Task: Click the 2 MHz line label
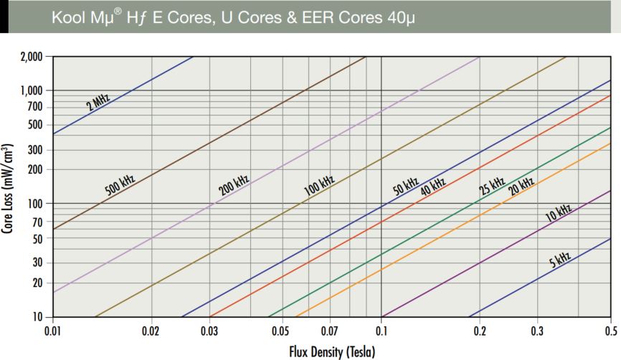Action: click(x=98, y=103)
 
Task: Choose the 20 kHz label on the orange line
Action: click(x=521, y=186)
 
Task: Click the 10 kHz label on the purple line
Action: click(x=558, y=212)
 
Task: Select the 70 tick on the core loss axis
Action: click(x=37, y=221)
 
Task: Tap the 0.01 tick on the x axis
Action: click(x=52, y=331)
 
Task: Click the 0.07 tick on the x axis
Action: click(x=330, y=331)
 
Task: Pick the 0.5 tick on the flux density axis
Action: click(x=610, y=331)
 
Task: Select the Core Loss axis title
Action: click(x=8, y=187)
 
